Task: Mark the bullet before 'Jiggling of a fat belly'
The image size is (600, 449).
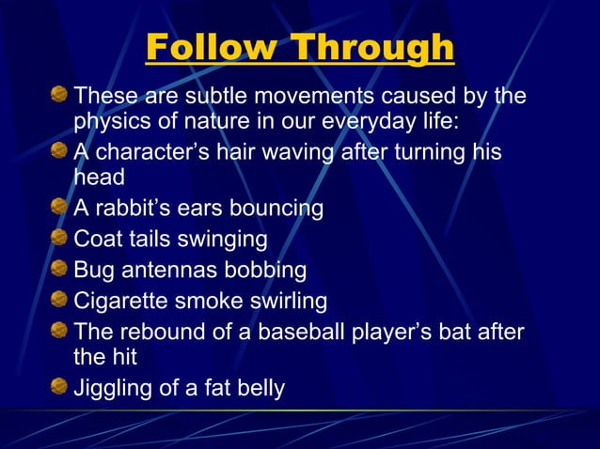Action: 59,386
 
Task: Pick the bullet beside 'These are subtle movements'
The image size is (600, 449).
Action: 59,95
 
